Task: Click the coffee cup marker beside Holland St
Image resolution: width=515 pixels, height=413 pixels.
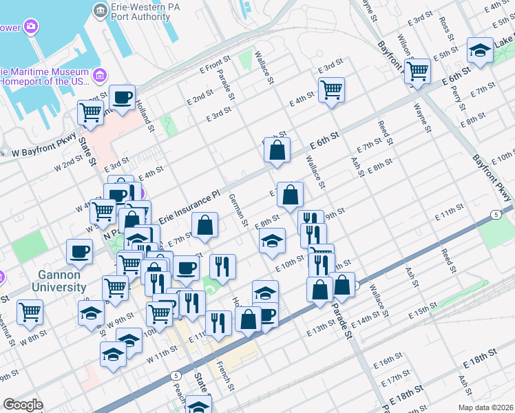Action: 122,98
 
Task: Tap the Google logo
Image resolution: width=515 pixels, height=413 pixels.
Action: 23,405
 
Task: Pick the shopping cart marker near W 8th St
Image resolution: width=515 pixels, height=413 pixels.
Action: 30,313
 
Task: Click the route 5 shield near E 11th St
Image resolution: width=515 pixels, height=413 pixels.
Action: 496,215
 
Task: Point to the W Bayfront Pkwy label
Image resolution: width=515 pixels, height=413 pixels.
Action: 38,151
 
